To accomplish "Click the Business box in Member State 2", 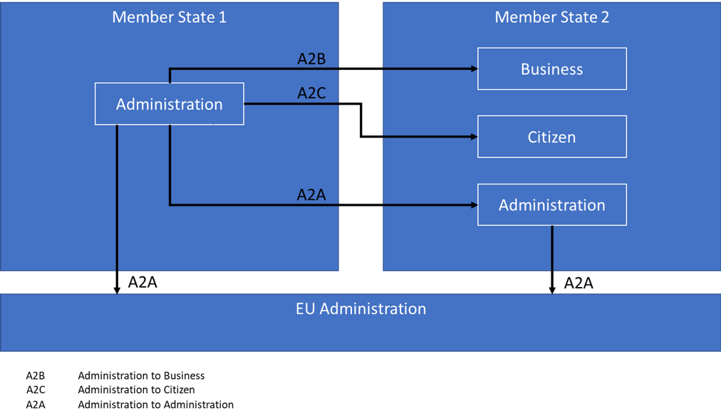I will pos(551,69).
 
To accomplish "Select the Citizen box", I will pos(551,137).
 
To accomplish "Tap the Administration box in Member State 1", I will pos(170,104).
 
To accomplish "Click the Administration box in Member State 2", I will pos(551,205).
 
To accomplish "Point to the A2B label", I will pos(311,59).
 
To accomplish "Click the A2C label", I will pos(311,93).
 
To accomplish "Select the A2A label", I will pos(311,194).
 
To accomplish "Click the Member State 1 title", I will pos(169,17).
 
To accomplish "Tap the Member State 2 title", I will pos(551,17).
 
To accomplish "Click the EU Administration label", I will pos(360,309).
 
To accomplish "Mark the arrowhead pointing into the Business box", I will pos(474,69).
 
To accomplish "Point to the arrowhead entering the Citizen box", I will pos(474,137).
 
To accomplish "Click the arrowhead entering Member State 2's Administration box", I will pos(474,205).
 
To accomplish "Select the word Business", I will pos(551,69).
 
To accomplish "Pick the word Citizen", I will pos(551,137).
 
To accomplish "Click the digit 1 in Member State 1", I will pos(222,17).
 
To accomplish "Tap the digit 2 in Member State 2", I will pos(605,17).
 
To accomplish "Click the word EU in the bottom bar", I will pos(306,309).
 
